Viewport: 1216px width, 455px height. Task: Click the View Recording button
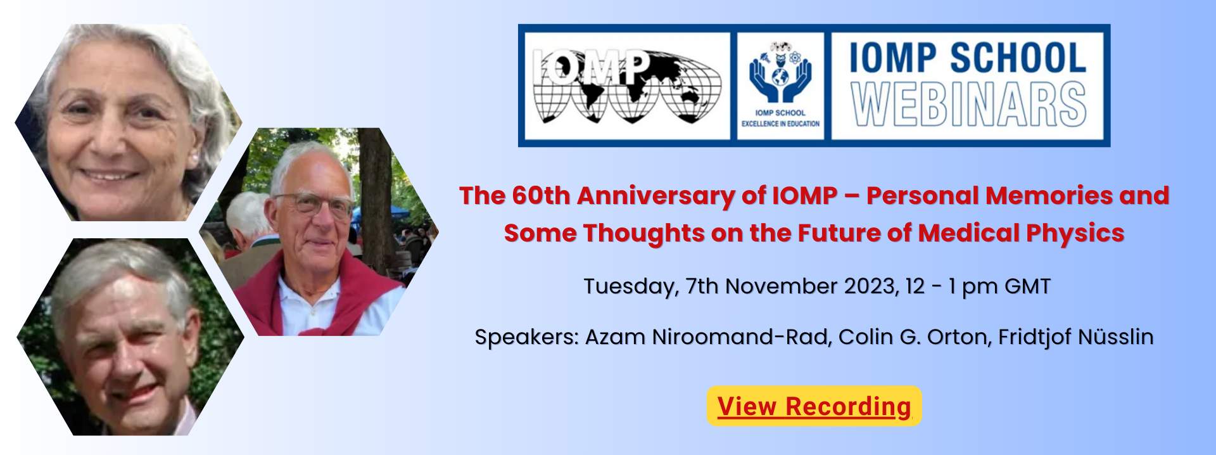[x=814, y=406]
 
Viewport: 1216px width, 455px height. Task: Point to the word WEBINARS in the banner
[x=968, y=104]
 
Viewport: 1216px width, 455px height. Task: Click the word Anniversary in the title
[x=655, y=196]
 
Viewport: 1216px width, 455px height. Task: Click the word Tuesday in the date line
[x=631, y=287]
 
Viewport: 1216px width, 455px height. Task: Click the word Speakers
[x=526, y=338]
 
